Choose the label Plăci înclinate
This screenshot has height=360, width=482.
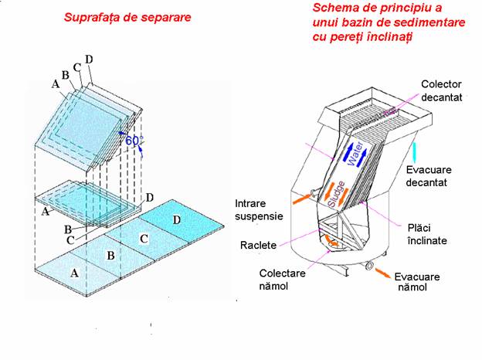coord(432,236)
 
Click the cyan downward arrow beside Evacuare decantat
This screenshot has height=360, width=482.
coord(415,151)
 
